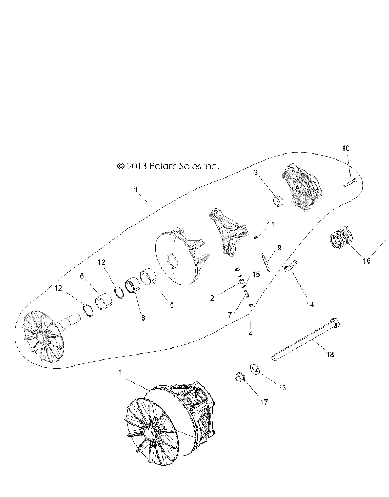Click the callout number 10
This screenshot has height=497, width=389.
(346, 148)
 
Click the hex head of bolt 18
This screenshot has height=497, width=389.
(335, 322)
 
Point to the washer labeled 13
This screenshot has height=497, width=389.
(255, 369)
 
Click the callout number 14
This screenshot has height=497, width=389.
(309, 305)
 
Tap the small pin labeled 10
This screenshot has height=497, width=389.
(350, 183)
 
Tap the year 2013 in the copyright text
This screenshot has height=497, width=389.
(137, 166)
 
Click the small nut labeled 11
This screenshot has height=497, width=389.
(256, 237)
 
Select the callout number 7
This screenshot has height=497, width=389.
(230, 315)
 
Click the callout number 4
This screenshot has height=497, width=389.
(250, 334)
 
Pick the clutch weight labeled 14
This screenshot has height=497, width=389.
(290, 265)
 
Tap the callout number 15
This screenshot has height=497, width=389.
(256, 274)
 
